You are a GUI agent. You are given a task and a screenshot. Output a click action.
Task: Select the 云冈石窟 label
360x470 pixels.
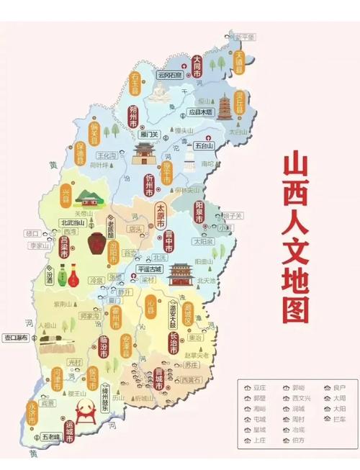pyautogui.click(x=162, y=74)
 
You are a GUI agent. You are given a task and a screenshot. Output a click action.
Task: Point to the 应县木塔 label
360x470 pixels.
pyautogui.click(x=201, y=112)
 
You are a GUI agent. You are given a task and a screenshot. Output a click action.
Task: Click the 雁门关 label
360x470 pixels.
pyautogui.click(x=150, y=134)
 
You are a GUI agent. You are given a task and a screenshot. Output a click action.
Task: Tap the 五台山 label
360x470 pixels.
pyautogui.click(x=205, y=145)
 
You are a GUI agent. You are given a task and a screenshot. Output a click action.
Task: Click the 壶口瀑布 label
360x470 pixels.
pyautogui.click(x=16, y=336)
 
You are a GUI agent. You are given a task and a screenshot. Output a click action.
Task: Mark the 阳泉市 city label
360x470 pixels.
pyautogui.click(x=200, y=214)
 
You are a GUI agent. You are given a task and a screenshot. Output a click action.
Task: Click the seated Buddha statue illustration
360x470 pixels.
pyautogui.click(x=160, y=91)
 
